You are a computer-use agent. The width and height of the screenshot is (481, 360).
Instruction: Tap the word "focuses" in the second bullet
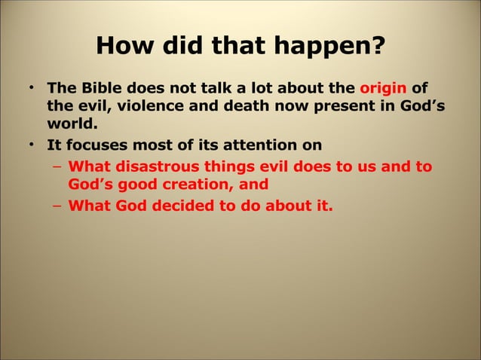click(95, 145)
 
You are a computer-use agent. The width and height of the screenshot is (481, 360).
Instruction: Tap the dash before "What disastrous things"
click(57, 166)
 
